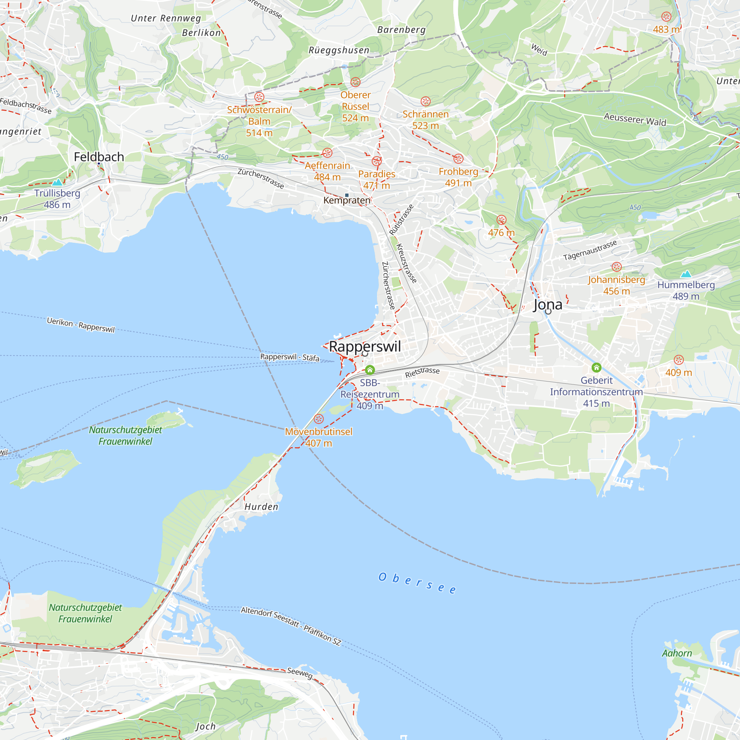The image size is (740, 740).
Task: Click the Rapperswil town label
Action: (365, 346)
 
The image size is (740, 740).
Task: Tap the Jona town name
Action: (548, 305)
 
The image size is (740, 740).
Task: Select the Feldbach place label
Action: (99, 157)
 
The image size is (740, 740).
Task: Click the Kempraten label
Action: (347, 200)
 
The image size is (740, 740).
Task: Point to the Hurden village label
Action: (261, 507)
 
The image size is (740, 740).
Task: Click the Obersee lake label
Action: (417, 583)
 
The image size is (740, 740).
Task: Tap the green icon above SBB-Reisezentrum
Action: (370, 370)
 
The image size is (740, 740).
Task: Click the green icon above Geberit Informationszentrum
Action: (596, 368)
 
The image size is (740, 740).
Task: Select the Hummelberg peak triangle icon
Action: (686, 274)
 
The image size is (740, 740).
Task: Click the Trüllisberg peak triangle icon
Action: (57, 182)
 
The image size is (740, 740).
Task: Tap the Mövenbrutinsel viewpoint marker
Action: (319, 418)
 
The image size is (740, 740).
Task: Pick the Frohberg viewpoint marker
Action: (458, 159)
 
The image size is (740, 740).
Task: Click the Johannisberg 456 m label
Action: (616, 285)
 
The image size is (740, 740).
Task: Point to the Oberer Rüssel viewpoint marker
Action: (356, 82)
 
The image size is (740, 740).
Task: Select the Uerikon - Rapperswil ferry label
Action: (81, 325)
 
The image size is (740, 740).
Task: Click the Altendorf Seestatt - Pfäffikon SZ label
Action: (291, 626)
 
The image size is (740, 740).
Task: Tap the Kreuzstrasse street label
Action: (406, 263)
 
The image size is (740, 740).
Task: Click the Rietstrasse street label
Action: (422, 372)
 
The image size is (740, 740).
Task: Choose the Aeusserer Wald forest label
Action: (635, 119)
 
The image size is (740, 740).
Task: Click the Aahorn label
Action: (677, 653)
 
